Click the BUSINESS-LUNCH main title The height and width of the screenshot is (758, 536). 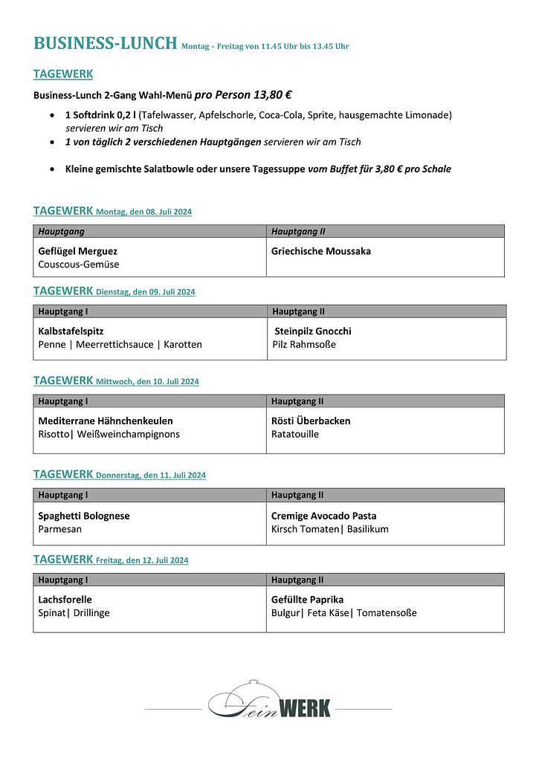click(x=105, y=43)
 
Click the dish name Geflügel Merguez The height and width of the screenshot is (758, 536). click(x=78, y=251)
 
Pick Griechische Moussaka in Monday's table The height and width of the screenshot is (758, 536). click(x=321, y=251)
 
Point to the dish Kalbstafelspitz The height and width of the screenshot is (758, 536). click(x=70, y=331)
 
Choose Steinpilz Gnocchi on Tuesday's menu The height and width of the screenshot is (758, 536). click(x=313, y=331)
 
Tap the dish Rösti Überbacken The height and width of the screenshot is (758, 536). click(x=311, y=421)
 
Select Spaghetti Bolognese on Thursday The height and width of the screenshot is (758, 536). click(x=84, y=516)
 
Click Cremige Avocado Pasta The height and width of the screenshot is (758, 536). click(x=323, y=516)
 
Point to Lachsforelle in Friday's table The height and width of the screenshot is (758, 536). click(x=65, y=600)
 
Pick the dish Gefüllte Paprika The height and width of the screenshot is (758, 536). click(x=308, y=600)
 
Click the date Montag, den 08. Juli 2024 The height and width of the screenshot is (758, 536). click(x=143, y=212)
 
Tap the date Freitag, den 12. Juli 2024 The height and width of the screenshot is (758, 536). click(x=142, y=560)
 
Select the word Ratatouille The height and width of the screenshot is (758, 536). click(x=295, y=434)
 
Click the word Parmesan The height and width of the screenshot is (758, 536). click(x=60, y=529)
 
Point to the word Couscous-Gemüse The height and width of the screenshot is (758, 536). click(x=79, y=265)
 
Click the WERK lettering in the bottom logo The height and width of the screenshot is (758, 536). click(x=305, y=708)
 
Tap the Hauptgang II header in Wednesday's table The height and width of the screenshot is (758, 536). click(x=297, y=401)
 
